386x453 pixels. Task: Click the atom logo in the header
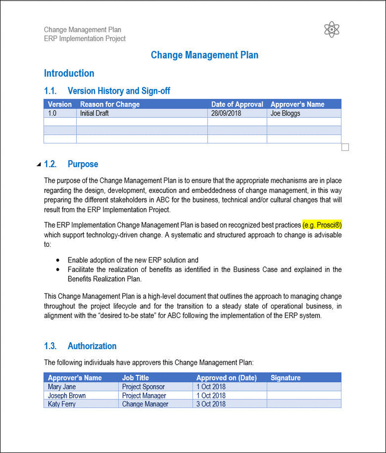332,29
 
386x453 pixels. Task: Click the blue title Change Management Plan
204,55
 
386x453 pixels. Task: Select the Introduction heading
69,73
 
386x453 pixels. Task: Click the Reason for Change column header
110,104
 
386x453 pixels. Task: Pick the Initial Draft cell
93,114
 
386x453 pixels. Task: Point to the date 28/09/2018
226,114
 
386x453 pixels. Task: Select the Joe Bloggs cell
285,114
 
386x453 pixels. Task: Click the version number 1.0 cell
52,114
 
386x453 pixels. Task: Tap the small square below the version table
345,147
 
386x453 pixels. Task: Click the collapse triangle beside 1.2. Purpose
39,164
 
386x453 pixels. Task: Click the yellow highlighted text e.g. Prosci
322,225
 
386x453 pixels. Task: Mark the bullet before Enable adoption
58,260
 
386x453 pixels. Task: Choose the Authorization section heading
92,346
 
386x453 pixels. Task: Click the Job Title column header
136,378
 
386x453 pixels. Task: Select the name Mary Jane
62,387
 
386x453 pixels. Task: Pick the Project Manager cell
144,396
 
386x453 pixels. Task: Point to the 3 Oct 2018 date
211,404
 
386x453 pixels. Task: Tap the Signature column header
285,378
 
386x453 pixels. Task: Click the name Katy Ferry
62,404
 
